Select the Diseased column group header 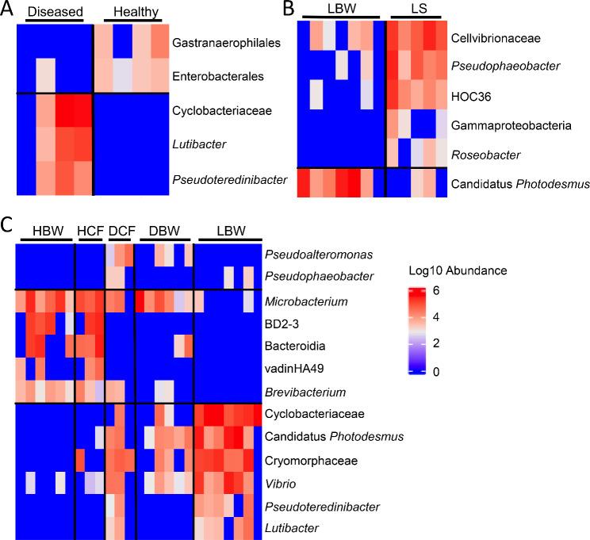(x=52, y=13)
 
